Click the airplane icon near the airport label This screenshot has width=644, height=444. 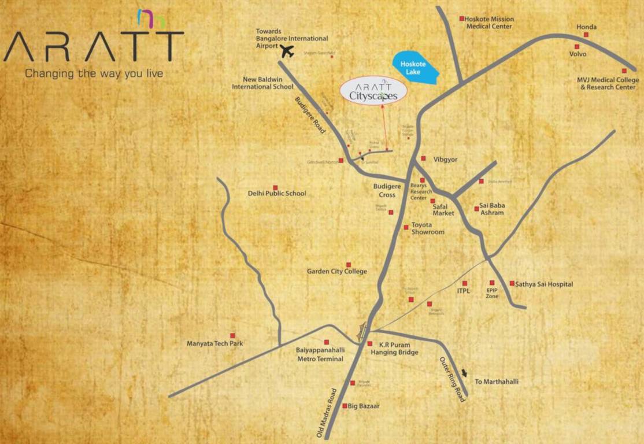[x=287, y=51]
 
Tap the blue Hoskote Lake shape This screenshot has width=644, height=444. [x=414, y=68]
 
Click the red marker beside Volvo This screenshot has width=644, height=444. [x=576, y=46]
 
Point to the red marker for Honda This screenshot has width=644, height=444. [x=586, y=35]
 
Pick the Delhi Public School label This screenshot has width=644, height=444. [x=277, y=194]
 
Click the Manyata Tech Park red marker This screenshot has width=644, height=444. [x=233, y=335]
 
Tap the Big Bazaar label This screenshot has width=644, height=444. [x=364, y=406]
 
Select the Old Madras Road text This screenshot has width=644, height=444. [x=327, y=412]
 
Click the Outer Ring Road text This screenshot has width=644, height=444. [x=452, y=379]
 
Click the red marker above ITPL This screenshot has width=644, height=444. [x=464, y=283]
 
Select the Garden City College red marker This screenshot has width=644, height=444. [x=349, y=265]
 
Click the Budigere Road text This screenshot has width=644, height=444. [x=310, y=115]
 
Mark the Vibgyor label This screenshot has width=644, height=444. [x=437, y=158]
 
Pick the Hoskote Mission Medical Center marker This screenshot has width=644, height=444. [x=462, y=18]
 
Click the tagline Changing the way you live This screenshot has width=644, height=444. [x=94, y=73]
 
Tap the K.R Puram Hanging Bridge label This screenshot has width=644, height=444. [x=394, y=348]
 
